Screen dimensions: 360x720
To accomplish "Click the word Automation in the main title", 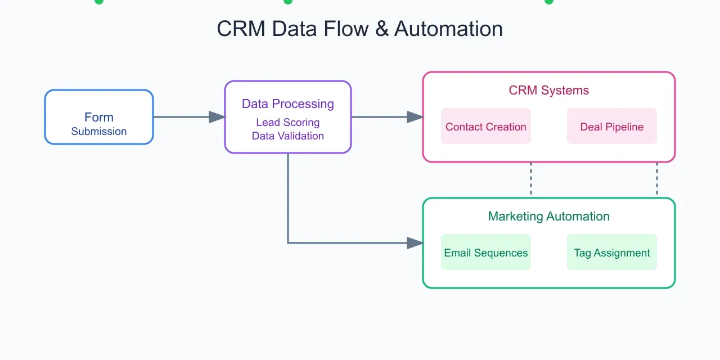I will [x=448, y=29].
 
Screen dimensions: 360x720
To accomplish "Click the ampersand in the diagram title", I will [x=382, y=29].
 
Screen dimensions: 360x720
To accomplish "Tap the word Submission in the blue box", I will [x=99, y=132].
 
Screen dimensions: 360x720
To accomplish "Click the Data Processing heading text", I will [x=287, y=104].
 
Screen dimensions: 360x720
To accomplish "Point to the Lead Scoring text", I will [x=287, y=123].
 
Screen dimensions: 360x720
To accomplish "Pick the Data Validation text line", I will [x=287, y=136].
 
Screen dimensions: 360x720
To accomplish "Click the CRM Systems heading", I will [x=548, y=91].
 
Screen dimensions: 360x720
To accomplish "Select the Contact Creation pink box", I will [x=486, y=127].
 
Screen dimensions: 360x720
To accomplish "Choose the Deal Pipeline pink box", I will [x=611, y=127].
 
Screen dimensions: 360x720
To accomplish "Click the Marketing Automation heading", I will [x=548, y=217].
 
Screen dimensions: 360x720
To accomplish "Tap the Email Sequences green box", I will [x=486, y=253].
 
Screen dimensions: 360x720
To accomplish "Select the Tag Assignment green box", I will [x=611, y=253].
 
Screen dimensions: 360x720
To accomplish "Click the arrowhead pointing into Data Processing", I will [x=217, y=117].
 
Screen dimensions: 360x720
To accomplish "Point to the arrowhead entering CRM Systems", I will [x=415, y=117].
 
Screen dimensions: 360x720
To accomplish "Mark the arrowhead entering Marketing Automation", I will [x=415, y=243].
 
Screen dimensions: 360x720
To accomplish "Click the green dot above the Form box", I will [x=99, y=2].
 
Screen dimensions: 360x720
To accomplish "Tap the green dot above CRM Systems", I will [x=549, y=2].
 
